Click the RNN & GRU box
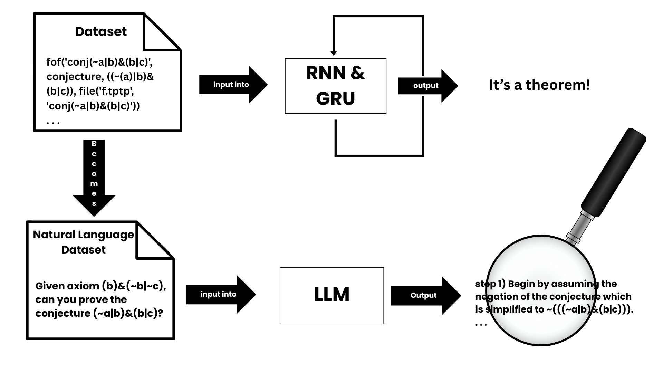(335, 86)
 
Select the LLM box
(331, 295)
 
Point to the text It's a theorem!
(539, 85)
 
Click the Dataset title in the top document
(101, 32)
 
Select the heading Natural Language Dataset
(84, 242)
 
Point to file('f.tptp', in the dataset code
(106, 91)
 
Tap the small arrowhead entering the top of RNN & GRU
(334, 53)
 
